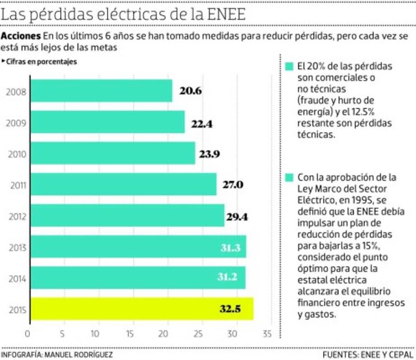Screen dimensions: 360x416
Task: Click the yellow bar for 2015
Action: point(142,309)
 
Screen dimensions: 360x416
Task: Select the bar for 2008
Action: point(101,91)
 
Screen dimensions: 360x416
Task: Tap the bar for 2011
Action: point(124,184)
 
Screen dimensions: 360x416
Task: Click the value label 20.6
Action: point(190,91)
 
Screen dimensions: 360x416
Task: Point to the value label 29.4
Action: point(237,217)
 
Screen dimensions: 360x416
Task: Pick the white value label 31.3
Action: point(230,248)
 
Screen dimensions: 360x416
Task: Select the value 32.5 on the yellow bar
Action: point(230,309)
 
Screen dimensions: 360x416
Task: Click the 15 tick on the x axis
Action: point(130,334)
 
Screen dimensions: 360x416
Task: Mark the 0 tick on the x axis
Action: point(28,334)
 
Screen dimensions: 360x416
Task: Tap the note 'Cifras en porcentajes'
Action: point(41,62)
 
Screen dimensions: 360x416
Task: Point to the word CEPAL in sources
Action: point(402,354)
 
